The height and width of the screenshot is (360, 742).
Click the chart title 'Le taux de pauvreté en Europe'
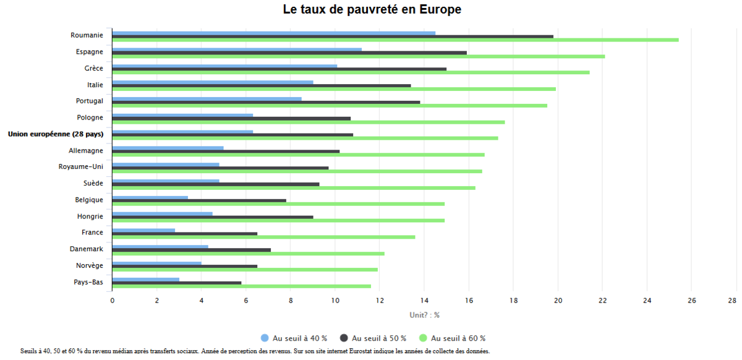coord(372,10)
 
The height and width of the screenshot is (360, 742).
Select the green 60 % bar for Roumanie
coord(395,40)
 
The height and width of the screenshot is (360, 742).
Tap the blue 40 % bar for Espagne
coord(236,49)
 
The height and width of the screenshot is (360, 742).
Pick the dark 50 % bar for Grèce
coord(279,69)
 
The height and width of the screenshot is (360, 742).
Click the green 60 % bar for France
coord(263,237)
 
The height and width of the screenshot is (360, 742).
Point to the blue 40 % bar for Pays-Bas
coord(145,280)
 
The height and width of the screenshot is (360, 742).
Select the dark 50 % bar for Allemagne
coord(226,152)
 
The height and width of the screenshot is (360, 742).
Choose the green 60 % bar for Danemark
coord(248,254)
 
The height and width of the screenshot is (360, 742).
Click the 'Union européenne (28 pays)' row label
coord(56,134)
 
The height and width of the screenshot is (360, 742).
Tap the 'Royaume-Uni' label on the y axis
coord(80,167)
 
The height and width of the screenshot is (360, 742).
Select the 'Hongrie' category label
coord(90,216)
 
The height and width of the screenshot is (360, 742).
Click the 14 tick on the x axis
coord(424,301)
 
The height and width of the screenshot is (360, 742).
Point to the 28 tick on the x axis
coord(732,301)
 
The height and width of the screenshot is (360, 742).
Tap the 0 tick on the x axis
coord(112,301)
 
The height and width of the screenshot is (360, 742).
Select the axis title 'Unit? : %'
coord(424,315)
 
